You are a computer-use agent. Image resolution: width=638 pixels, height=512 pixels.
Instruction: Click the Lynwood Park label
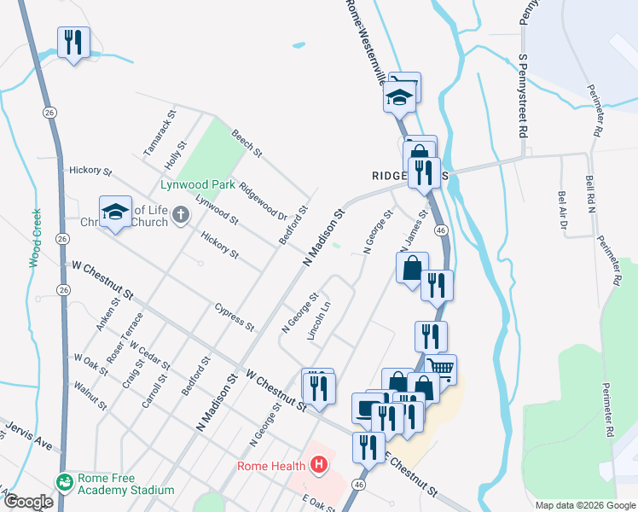198,184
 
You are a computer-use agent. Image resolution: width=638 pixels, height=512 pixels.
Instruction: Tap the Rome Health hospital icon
319,465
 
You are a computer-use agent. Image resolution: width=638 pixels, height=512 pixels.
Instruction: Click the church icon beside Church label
180,216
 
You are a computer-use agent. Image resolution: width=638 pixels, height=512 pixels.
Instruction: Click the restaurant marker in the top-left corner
73,42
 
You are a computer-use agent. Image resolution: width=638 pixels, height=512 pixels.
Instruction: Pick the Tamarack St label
159,131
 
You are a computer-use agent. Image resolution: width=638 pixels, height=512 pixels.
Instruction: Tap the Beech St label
246,143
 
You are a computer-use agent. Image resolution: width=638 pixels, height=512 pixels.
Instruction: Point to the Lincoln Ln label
319,321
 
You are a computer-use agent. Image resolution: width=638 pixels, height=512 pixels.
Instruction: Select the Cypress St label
235,317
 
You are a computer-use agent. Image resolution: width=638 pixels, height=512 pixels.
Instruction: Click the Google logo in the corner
27,502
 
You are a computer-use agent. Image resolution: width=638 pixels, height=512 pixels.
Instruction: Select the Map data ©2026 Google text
584,505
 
